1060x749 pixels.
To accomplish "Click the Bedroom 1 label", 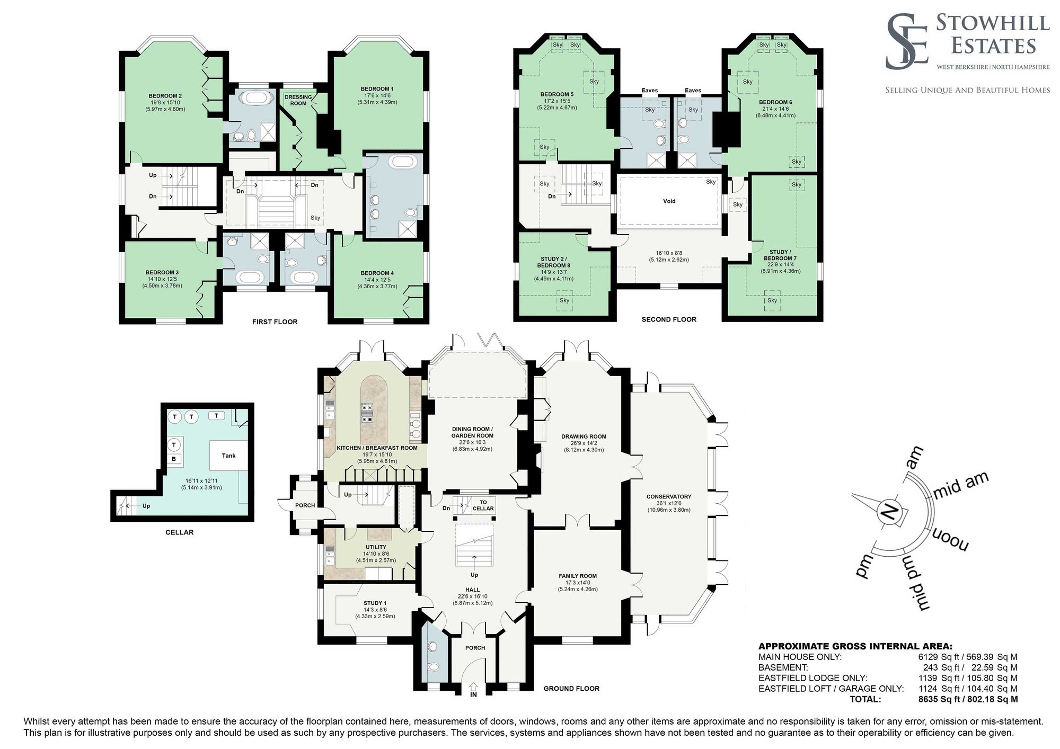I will (377, 88).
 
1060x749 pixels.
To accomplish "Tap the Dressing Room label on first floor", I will (298, 100).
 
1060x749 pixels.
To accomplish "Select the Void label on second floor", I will (669, 201).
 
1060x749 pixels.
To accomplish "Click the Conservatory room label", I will (669, 496).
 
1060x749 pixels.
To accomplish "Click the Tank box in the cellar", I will (228, 456).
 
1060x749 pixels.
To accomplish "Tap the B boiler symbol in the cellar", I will (174, 459).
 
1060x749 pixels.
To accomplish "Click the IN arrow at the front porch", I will (473, 689).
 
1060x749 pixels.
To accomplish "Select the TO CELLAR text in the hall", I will (483, 505).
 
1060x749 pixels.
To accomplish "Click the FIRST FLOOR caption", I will (275, 322).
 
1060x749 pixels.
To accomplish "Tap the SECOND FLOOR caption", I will (669, 319).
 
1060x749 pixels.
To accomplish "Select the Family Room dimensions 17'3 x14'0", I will (577, 582).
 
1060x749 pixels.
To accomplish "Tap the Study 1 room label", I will (375, 603).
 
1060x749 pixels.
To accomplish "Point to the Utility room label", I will (376, 547).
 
